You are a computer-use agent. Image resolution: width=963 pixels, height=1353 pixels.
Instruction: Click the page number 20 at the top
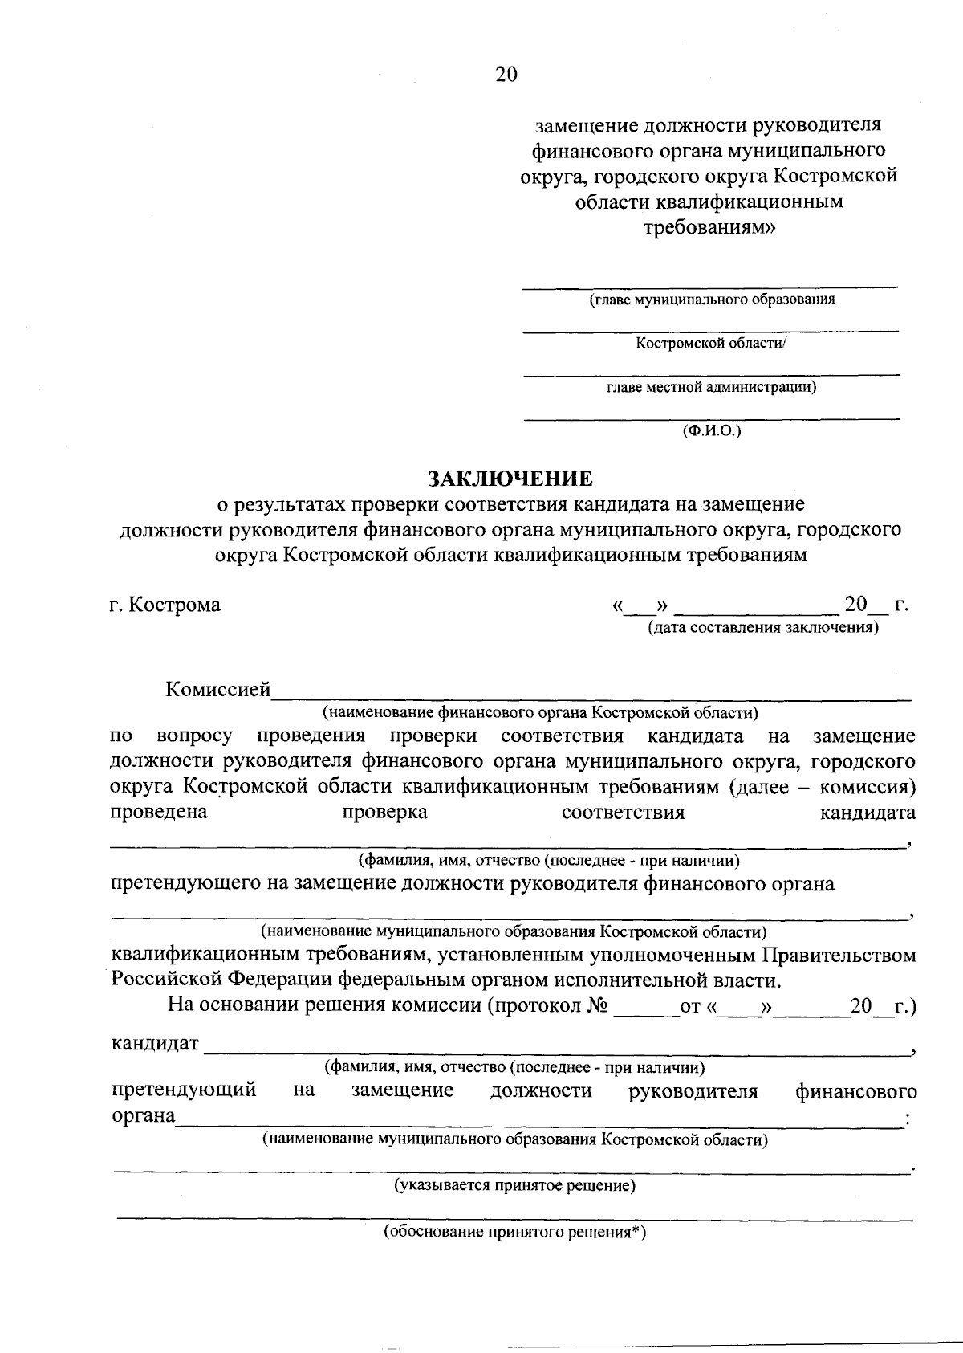click(x=506, y=75)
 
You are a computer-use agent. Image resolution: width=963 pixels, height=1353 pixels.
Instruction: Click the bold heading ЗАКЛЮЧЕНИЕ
click(x=510, y=479)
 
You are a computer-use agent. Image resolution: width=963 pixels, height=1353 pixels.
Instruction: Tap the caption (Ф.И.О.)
click(x=711, y=432)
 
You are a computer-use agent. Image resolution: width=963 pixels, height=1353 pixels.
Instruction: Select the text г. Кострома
click(x=165, y=605)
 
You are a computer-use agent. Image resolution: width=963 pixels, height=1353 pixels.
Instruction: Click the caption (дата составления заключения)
click(x=763, y=628)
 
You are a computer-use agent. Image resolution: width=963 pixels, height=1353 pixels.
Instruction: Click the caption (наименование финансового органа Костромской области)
click(x=540, y=712)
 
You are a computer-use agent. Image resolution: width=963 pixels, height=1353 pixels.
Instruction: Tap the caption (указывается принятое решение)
click(x=514, y=1186)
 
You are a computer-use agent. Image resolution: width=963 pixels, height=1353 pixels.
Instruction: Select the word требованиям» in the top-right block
click(x=711, y=227)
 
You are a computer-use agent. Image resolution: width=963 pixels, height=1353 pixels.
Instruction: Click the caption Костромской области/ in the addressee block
click(x=711, y=344)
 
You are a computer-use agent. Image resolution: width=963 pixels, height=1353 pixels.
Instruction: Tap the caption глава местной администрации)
click(x=711, y=388)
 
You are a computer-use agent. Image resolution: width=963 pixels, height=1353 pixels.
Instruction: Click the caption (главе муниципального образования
click(x=711, y=300)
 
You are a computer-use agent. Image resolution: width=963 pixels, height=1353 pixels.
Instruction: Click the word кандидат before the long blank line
click(x=155, y=1044)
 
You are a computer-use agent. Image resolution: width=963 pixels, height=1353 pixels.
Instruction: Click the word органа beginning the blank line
click(x=143, y=1116)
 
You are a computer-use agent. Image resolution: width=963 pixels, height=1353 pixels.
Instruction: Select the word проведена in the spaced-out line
click(x=158, y=812)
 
